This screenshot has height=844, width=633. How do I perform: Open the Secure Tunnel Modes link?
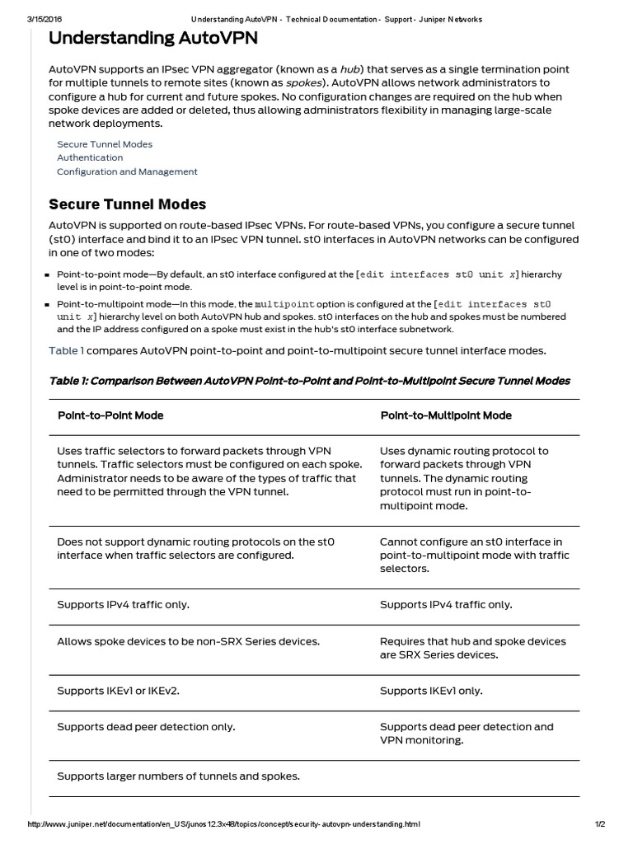point(105,144)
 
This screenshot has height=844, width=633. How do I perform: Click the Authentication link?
point(90,157)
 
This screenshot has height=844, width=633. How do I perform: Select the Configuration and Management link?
point(127,171)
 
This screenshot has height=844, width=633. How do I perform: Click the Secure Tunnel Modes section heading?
point(127,204)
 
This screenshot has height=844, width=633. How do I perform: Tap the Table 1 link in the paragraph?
point(66,351)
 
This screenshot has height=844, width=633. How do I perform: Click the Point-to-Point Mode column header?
point(110,415)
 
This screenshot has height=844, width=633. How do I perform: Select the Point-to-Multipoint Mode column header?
point(446,415)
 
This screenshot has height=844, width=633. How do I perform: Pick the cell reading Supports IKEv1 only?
point(431,691)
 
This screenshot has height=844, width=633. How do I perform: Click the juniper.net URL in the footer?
point(224,824)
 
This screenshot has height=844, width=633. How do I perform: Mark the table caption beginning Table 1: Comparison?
point(309,381)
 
